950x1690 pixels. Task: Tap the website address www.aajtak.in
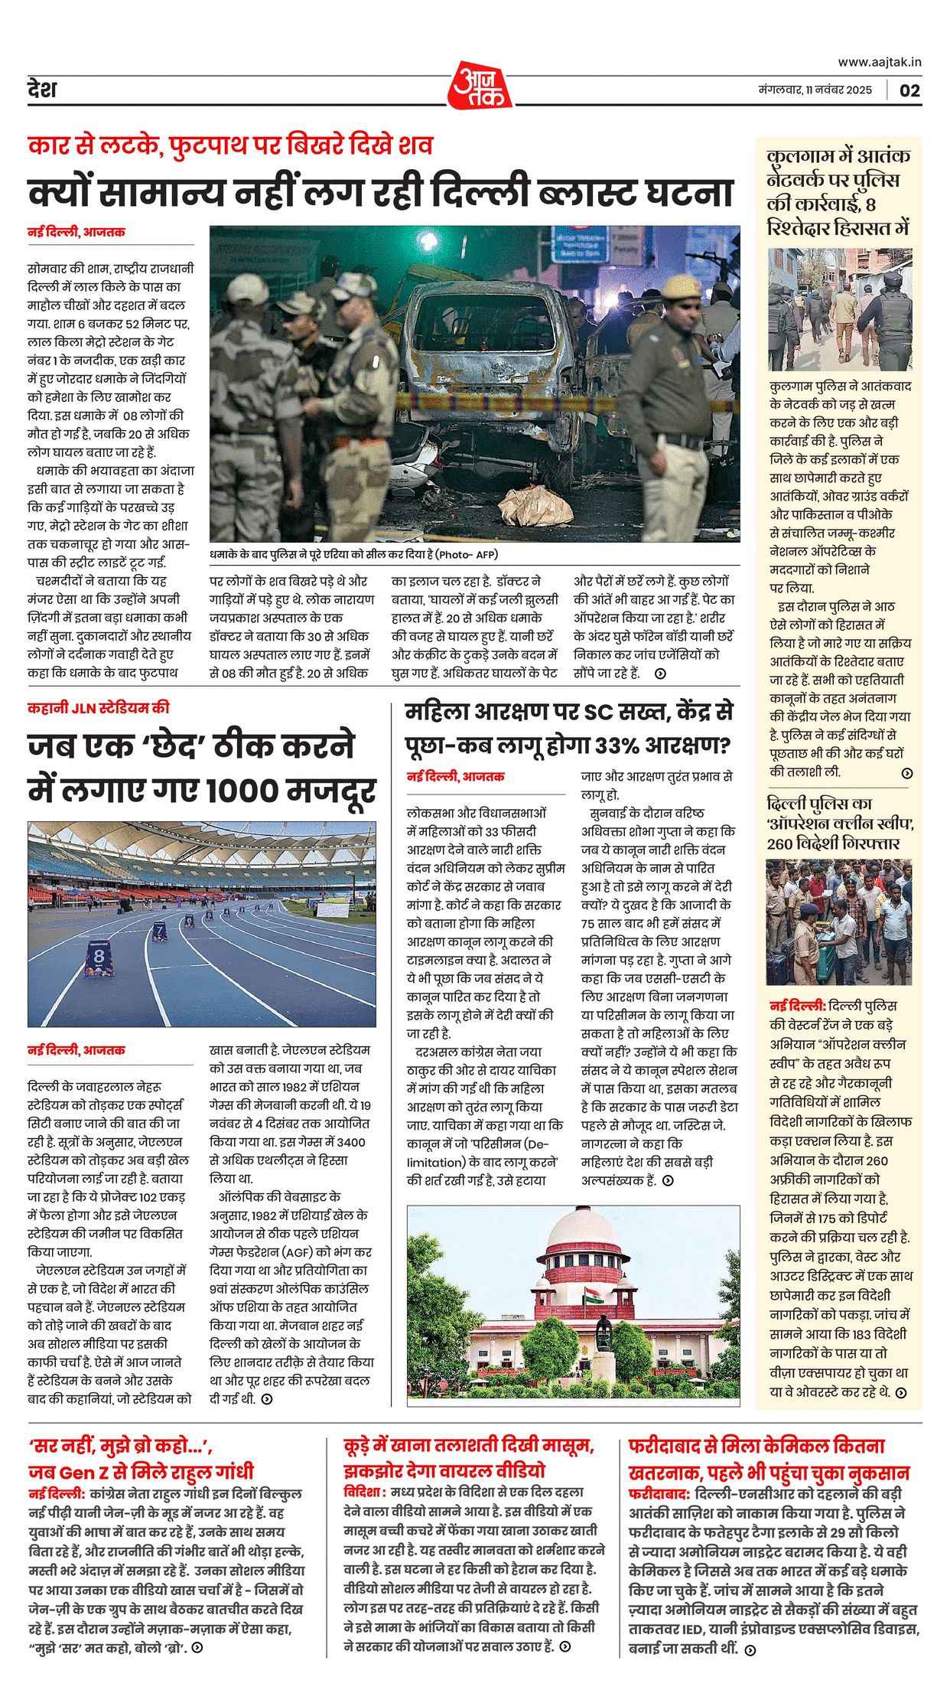click(x=879, y=62)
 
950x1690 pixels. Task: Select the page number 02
click(x=909, y=90)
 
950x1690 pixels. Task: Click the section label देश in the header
click(x=42, y=90)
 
